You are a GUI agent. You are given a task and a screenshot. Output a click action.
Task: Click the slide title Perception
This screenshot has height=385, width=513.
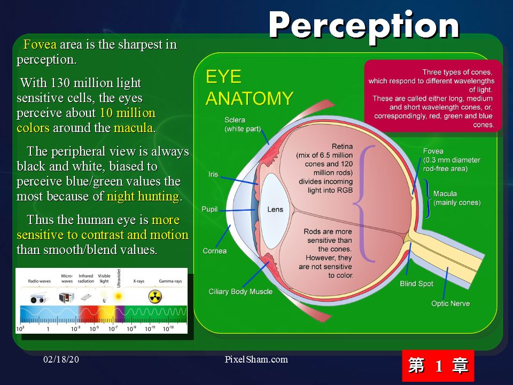[x=364, y=27]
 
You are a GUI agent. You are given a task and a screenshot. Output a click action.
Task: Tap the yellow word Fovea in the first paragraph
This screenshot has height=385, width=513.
[x=40, y=44]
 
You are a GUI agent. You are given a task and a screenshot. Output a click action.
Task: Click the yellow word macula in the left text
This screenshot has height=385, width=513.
[x=134, y=128]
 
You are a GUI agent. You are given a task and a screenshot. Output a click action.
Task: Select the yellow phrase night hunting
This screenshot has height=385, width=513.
[x=143, y=196]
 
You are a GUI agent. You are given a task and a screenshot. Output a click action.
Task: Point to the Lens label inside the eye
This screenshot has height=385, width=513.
[x=275, y=210]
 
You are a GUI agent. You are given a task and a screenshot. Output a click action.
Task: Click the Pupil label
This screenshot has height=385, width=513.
[x=209, y=209]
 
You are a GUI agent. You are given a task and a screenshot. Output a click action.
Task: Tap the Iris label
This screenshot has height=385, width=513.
[x=213, y=174]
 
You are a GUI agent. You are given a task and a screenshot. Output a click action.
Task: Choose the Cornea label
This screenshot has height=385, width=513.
[x=215, y=251]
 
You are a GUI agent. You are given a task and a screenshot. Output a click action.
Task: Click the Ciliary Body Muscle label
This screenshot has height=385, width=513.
[x=240, y=291]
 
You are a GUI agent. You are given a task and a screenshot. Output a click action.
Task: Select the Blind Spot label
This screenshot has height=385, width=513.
[x=416, y=283]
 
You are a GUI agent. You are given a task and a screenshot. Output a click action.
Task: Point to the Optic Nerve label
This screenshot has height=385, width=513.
[x=450, y=304]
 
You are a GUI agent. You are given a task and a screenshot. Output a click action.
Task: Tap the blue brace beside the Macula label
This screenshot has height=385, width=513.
[x=427, y=198]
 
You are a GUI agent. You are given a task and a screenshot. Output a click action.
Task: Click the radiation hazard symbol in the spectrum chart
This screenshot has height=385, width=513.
[x=155, y=297]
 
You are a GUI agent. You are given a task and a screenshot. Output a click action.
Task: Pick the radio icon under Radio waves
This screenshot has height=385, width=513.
[x=37, y=298]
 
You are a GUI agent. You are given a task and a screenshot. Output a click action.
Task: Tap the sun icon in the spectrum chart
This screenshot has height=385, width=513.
[x=118, y=297]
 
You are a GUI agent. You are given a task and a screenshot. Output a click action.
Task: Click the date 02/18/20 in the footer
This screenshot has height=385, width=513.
[x=61, y=359]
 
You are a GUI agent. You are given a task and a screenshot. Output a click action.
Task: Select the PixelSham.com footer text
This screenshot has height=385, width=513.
[x=256, y=359]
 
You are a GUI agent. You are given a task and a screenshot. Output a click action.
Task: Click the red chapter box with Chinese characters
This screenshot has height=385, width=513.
[x=438, y=365]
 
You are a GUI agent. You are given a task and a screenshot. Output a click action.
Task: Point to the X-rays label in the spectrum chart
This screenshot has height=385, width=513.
[x=139, y=281]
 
